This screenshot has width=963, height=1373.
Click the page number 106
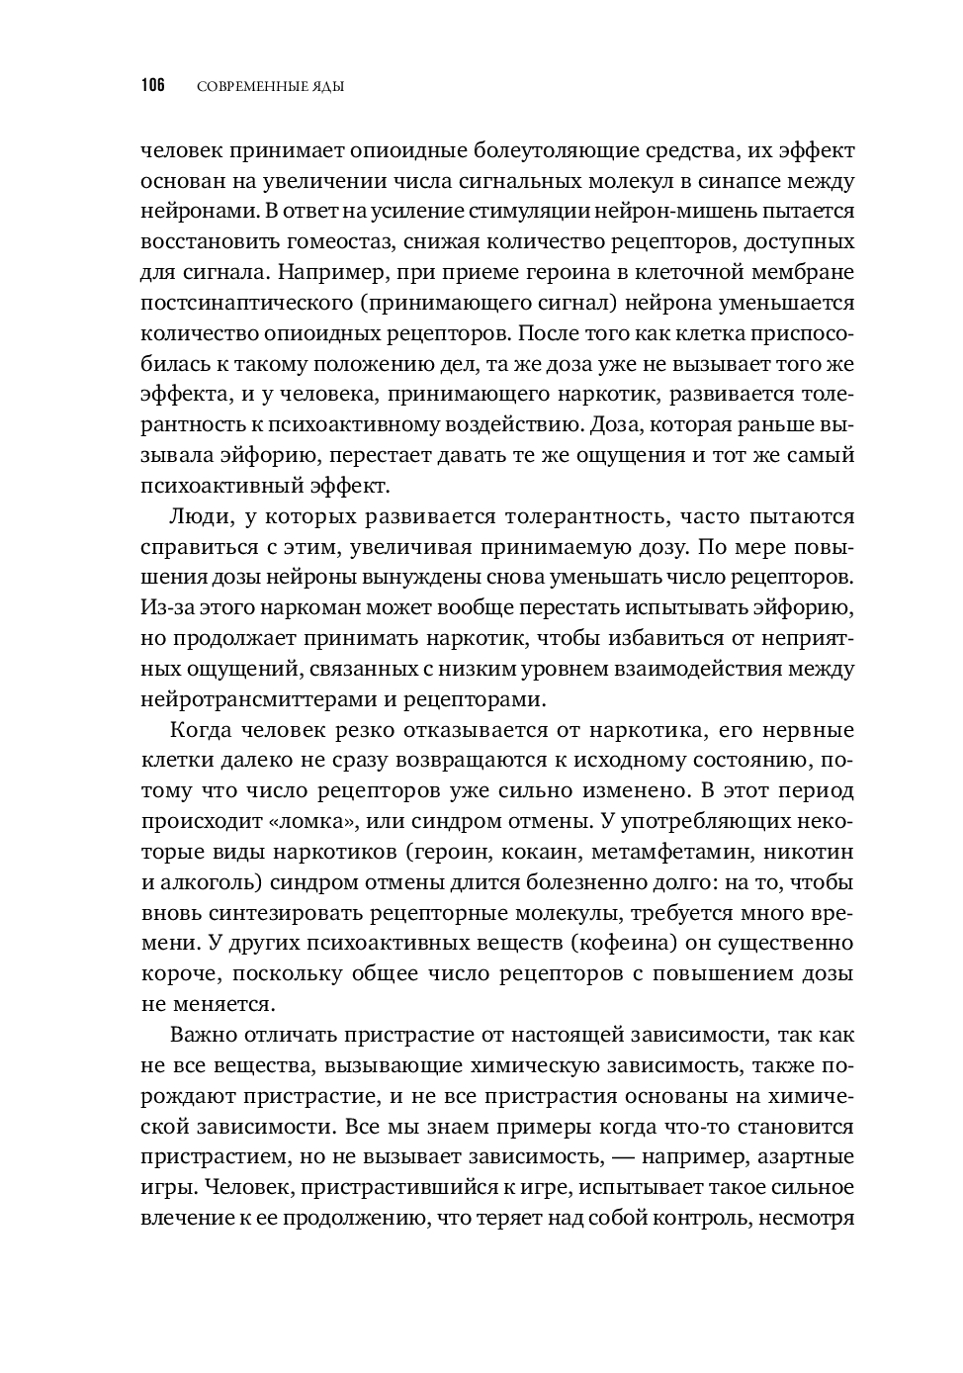(x=152, y=86)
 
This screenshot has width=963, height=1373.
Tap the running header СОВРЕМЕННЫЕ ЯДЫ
(x=270, y=87)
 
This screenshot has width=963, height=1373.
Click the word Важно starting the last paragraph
(x=204, y=1036)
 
